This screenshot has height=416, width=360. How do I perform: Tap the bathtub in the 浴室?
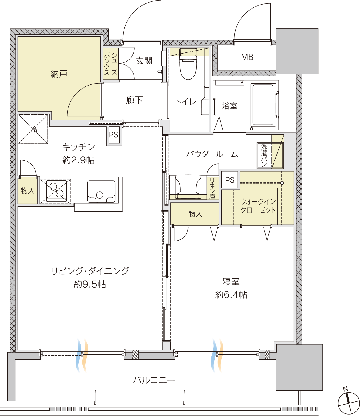[263, 105]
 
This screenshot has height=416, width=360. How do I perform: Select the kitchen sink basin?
[101, 191]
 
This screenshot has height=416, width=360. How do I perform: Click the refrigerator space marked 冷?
[33, 129]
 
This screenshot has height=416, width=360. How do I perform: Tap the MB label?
[247, 57]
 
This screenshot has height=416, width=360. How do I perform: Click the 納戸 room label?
[58, 74]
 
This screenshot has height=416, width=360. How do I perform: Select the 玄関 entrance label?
[144, 61]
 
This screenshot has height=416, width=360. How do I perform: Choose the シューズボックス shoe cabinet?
[111, 64]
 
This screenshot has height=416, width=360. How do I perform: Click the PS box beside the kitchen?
[114, 135]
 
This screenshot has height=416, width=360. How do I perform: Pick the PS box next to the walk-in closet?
[230, 180]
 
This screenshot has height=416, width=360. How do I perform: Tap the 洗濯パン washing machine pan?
[270, 156]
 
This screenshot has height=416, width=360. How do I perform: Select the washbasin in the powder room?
[188, 187]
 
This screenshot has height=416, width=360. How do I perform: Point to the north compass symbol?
[349, 402]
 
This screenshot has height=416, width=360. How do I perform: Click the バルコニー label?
[154, 380]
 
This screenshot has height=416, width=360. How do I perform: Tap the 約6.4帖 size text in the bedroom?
[231, 295]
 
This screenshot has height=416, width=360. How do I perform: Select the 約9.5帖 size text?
[90, 284]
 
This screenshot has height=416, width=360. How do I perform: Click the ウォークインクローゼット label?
[258, 206]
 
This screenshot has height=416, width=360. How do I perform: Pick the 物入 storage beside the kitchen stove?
[28, 191]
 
